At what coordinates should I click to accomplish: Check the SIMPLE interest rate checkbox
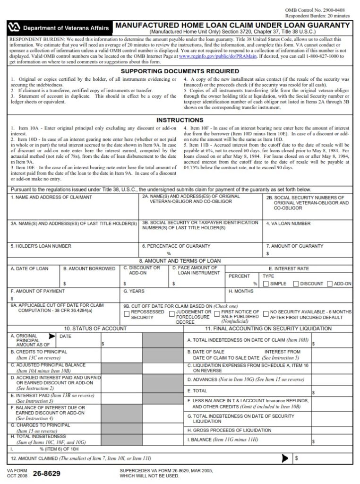266,284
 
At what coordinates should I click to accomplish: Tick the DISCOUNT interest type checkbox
296,284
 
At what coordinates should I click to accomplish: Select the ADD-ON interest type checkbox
329,284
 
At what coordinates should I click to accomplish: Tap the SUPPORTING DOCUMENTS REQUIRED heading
180,71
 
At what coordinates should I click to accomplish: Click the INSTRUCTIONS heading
180,120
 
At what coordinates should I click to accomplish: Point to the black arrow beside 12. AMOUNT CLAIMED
285,458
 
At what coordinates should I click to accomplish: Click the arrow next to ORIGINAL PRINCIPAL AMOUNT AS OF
51,337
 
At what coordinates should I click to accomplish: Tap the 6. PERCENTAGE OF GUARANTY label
176,246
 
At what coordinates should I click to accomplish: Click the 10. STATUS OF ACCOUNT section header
95,328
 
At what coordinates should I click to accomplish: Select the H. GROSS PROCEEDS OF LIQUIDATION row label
229,430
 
